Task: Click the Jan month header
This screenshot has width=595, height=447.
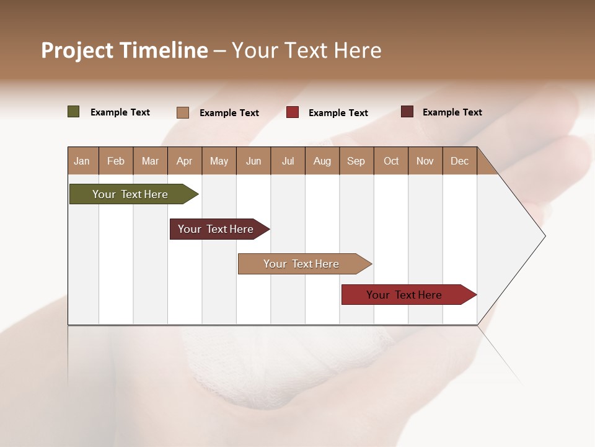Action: click(x=82, y=161)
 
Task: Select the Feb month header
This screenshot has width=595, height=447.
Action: click(x=116, y=161)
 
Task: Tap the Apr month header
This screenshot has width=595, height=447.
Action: click(x=185, y=161)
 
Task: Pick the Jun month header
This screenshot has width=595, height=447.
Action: click(x=253, y=161)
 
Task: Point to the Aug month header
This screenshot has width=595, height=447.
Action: click(x=322, y=161)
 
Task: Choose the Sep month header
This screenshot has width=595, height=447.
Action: click(x=356, y=161)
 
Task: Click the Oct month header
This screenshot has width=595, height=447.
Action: click(x=391, y=161)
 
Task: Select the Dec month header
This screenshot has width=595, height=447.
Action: click(x=460, y=161)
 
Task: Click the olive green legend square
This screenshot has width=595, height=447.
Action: click(x=74, y=112)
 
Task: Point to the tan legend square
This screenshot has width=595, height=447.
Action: click(x=183, y=112)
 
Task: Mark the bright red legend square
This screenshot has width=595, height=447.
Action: click(x=293, y=112)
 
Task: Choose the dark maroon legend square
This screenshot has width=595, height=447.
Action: click(x=407, y=112)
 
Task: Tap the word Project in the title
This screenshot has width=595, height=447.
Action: click(x=77, y=51)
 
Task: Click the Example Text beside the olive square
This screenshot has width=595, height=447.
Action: click(x=120, y=112)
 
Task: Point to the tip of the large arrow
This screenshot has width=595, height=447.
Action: click(x=544, y=236)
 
